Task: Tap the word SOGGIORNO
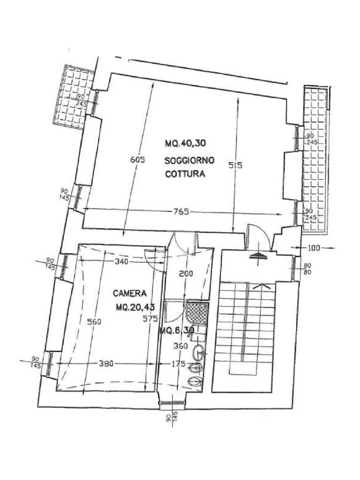pos(189,160)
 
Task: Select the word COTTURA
pos(185,174)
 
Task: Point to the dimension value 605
pos(137,160)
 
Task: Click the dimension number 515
pos(235,165)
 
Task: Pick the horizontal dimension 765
pos(180,212)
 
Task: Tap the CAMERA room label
pos(130,293)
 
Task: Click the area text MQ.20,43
pos(135,307)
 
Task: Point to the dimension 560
pos(94,322)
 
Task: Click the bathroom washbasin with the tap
pos(198,351)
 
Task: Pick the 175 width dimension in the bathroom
pos(179,364)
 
